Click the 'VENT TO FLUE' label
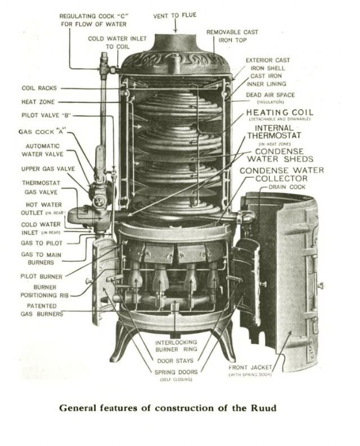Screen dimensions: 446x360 [175, 15]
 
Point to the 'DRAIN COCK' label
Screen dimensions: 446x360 [287, 187]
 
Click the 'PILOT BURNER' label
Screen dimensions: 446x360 [42, 276]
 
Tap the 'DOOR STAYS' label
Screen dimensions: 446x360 [175, 361]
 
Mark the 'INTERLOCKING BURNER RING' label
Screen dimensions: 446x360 [175, 346]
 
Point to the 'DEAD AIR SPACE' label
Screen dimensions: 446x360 [270, 96]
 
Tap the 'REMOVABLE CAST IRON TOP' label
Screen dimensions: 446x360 [232, 36]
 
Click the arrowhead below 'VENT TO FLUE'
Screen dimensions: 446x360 [175, 30]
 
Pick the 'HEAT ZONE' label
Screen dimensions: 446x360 [39, 102]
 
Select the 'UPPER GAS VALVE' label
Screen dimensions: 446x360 [42, 168]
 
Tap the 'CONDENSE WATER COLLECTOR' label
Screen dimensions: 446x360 [281, 174]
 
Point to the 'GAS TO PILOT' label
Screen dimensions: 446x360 [42, 243]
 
